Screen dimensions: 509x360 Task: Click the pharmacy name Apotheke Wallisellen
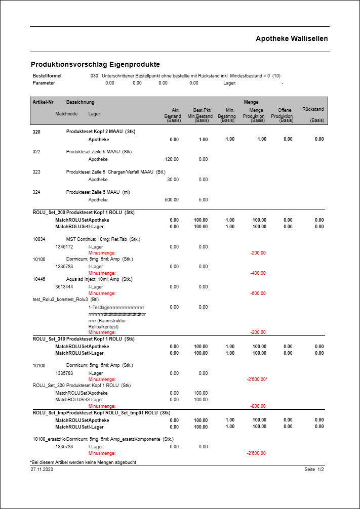pyautogui.click(x=292, y=38)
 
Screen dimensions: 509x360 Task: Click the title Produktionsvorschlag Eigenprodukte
pyautogui.click(x=95, y=64)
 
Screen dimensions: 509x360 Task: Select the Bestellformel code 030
pyautogui.click(x=94, y=75)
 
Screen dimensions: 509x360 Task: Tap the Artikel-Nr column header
pyautogui.click(x=44, y=102)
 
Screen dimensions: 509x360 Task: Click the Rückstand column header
pyautogui.click(x=312, y=109)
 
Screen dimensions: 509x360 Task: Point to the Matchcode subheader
pyautogui.click(x=66, y=114)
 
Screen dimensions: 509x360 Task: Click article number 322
pyautogui.click(x=36, y=152)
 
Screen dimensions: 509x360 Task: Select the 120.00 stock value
pyautogui.click(x=172, y=159)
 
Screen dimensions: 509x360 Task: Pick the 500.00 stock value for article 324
pyautogui.click(x=172, y=200)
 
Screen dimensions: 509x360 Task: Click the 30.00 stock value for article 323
pyautogui.click(x=173, y=180)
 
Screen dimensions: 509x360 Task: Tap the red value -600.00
pyautogui.click(x=258, y=293)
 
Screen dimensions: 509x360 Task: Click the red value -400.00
pyautogui.click(x=258, y=273)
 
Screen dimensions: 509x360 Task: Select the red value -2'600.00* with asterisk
pyautogui.click(x=257, y=379)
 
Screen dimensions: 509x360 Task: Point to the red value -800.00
pyautogui.click(x=258, y=406)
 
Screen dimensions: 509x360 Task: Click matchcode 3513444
pyautogui.click(x=64, y=287)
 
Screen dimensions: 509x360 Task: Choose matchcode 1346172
pyautogui.click(x=64, y=247)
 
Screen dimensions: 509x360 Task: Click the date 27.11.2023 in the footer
pyautogui.click(x=42, y=470)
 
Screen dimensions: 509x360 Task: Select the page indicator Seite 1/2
pyautogui.click(x=314, y=470)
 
